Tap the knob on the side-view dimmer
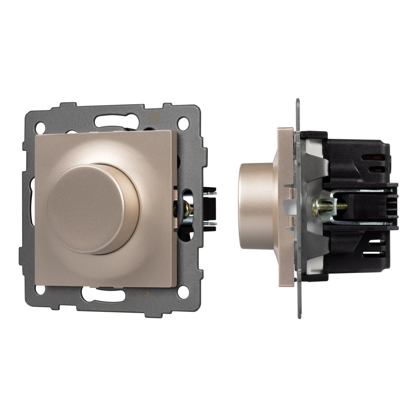click(255, 206)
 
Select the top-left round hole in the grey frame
click(41, 125)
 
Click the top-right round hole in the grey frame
click(183, 124)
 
